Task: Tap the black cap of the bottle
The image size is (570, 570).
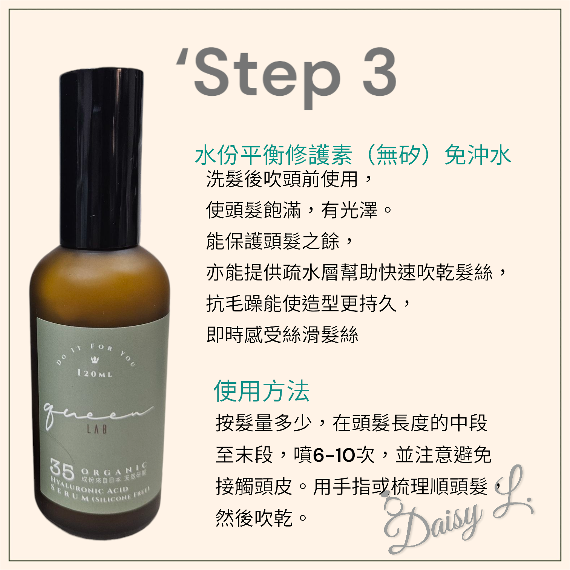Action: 101,158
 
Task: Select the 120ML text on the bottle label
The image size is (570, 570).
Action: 94,373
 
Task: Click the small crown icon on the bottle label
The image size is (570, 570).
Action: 95,360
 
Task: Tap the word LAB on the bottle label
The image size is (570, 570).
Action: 97,429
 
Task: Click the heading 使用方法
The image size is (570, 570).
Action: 261,391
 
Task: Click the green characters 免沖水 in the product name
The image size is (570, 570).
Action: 478,155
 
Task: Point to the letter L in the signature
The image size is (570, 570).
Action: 513,494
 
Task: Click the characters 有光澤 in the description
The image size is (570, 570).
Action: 349,210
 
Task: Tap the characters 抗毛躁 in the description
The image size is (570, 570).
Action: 234,303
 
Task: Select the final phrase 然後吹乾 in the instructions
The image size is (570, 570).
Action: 254,517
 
